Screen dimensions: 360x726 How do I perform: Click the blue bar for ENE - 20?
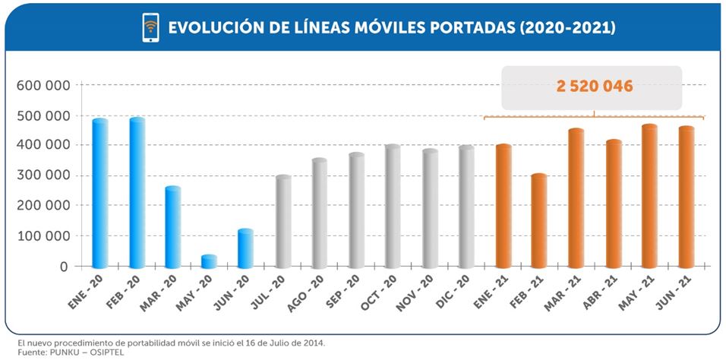(100, 194)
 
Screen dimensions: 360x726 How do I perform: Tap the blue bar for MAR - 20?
(173, 227)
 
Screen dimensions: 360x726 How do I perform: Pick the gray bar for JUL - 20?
(283, 222)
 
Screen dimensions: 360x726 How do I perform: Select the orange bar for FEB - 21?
(539, 221)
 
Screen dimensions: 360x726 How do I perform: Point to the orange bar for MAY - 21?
(649, 197)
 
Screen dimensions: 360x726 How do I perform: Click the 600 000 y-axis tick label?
(43, 85)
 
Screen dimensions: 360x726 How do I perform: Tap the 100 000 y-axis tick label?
(43, 236)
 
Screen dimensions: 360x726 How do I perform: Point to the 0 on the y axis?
(65, 267)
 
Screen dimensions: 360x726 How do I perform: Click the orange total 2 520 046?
(594, 87)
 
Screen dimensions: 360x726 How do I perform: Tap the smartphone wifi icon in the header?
(150, 27)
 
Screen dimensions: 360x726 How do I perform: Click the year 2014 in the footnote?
(313, 343)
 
